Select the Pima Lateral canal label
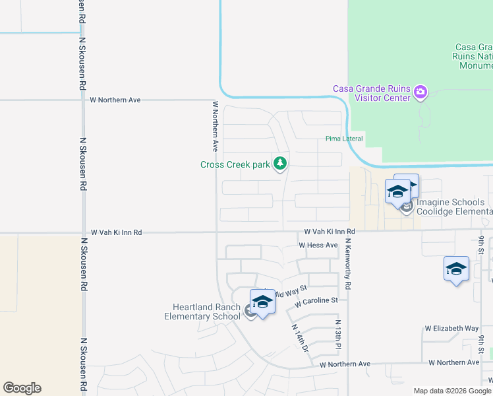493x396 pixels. click(344, 139)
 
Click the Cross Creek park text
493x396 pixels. click(235, 164)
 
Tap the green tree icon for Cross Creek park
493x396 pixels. click(280, 163)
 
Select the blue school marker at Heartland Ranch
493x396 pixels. click(262, 303)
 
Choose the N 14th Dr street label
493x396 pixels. click(300, 336)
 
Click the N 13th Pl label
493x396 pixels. click(337, 336)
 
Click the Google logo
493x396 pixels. click(22, 388)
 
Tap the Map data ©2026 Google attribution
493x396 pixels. click(452, 391)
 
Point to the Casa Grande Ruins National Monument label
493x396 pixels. click(473, 56)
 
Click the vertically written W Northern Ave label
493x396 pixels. click(215, 126)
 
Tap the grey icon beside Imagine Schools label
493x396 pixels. click(407, 208)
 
